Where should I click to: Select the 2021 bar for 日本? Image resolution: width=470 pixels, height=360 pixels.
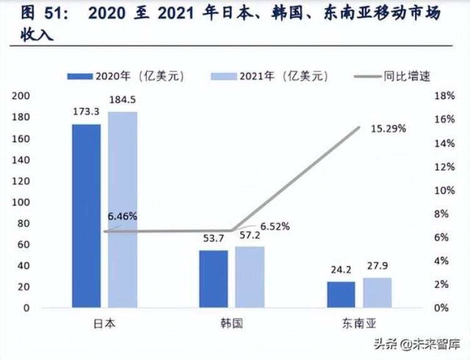(x=122, y=209)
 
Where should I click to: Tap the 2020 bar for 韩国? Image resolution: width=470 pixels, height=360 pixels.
(x=214, y=278)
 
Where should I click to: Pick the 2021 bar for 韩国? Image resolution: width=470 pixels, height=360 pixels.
(x=249, y=277)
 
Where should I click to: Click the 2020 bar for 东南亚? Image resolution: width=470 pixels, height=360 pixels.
(x=341, y=294)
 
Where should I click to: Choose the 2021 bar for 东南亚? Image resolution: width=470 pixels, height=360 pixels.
(x=377, y=292)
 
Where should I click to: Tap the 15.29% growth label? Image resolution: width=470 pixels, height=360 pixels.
(x=389, y=129)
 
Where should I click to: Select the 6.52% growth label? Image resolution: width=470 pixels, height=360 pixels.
(x=275, y=226)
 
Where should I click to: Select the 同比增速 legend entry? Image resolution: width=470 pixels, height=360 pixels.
(x=391, y=76)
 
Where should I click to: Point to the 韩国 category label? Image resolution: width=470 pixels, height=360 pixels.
(x=231, y=324)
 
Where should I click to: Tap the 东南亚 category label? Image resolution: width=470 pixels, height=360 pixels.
(x=358, y=324)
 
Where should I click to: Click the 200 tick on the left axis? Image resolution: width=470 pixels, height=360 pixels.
(x=21, y=96)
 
